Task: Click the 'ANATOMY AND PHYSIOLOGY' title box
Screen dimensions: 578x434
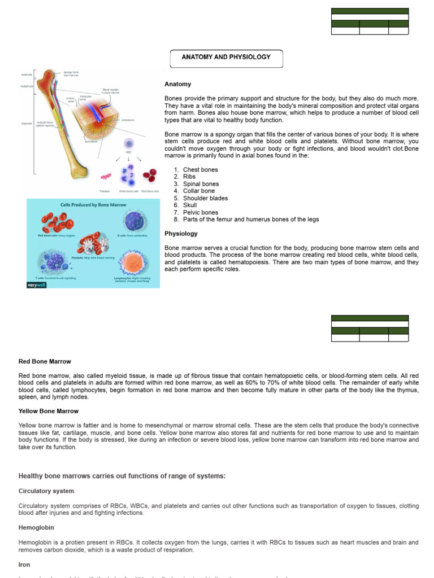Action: pos(226,58)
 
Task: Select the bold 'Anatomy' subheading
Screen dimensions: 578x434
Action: pos(177,84)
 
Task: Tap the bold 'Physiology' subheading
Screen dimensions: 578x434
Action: pos(181,234)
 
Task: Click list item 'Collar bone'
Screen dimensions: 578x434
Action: pos(199,191)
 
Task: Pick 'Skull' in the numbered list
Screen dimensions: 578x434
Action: pos(190,205)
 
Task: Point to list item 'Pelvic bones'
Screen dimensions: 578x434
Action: pos(200,212)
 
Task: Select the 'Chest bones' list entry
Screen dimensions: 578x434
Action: pos(200,169)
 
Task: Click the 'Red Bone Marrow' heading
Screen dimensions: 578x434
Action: pos(45,361)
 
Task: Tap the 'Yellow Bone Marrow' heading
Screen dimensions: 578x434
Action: pos(48,411)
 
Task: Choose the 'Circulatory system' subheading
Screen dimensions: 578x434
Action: pos(46,491)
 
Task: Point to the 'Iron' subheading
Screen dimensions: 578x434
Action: pos(24,564)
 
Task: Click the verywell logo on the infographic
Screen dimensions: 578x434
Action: pos(36,284)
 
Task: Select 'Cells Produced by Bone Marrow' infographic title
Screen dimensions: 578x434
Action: pos(93,205)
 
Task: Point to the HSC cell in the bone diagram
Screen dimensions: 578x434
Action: pos(128,145)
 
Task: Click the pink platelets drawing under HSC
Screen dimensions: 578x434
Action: pos(106,177)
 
